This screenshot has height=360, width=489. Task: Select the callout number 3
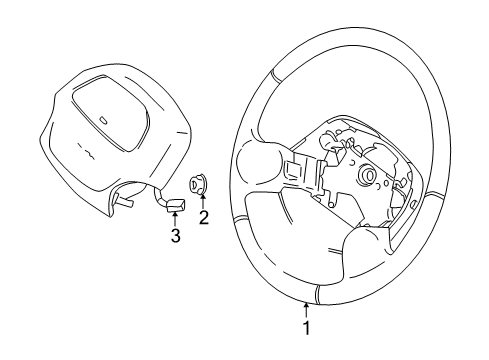click(x=175, y=236)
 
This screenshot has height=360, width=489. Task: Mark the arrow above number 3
click(x=175, y=220)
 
